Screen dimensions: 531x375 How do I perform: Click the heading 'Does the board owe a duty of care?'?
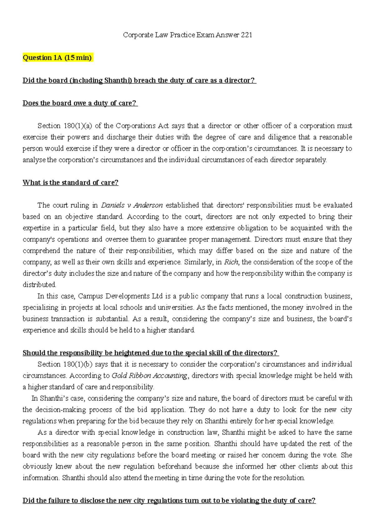[80, 103]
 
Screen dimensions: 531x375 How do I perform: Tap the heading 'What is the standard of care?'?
[70, 183]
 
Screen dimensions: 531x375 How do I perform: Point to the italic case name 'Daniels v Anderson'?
[132, 205]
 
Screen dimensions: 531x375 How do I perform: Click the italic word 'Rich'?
[231, 262]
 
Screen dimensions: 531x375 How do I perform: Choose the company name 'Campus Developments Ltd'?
[120, 296]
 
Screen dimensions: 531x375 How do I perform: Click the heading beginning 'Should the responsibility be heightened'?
[150, 353]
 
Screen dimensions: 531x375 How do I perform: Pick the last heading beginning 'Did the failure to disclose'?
[169, 501]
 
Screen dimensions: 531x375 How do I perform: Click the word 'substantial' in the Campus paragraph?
[112, 319]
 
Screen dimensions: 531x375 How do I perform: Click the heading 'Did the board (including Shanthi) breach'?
[139, 81]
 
